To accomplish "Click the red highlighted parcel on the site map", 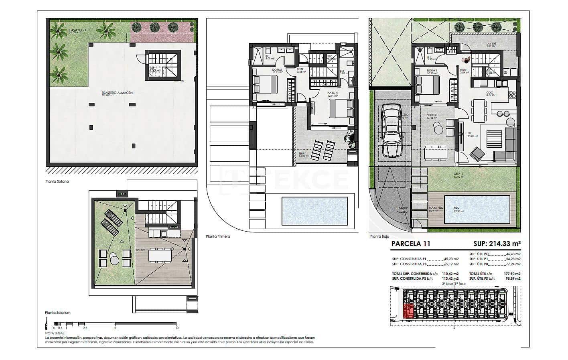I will (x=408, y=311).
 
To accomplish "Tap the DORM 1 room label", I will (x=421, y=71).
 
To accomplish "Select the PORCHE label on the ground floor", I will (x=432, y=115).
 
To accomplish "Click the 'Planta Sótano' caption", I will (x=57, y=181).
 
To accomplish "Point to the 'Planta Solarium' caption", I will (x=58, y=312).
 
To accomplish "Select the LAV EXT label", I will (x=491, y=44).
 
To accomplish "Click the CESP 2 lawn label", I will (x=458, y=174).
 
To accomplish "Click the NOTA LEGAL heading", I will (x=55, y=333).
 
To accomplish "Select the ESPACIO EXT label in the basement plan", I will (x=75, y=30).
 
